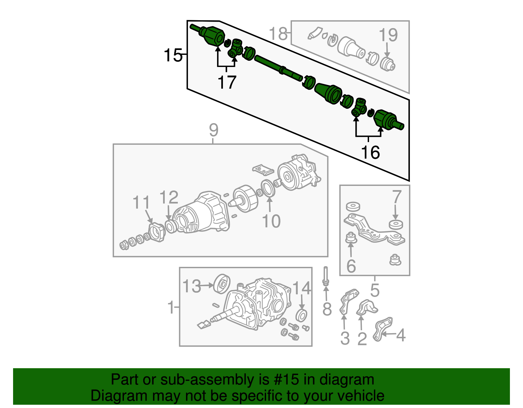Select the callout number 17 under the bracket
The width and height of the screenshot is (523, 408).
tap(227, 82)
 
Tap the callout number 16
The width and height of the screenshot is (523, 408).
tap(370, 152)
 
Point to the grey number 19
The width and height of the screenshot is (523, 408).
tap(388, 35)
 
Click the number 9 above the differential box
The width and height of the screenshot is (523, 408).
tap(213, 130)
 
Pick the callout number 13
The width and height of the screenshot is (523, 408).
tap(191, 286)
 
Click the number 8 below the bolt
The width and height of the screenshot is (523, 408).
tap(327, 309)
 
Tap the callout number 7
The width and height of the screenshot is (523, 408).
tap(396, 197)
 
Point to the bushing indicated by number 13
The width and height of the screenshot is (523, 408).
tap(222, 284)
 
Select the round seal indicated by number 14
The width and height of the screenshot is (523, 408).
tap(301, 315)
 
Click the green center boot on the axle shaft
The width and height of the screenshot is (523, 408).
tap(328, 93)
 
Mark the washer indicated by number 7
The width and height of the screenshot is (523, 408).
tap(396, 224)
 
